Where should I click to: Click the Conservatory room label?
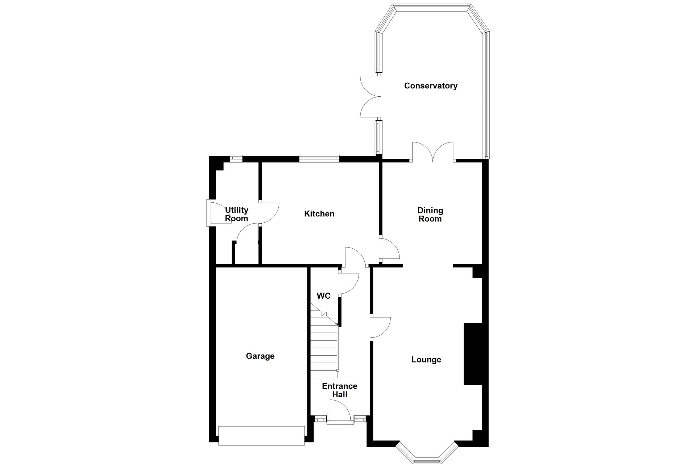[431, 86]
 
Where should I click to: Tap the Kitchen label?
[319, 214]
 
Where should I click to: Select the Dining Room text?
[430, 215]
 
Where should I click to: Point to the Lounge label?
[426, 360]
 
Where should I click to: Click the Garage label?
[260, 356]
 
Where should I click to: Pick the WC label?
[324, 296]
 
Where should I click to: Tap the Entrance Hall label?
[340, 390]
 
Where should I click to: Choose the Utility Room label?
[236, 214]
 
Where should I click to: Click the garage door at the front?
[261, 435]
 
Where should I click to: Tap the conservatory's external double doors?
[370, 97]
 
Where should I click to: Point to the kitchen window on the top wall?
[319, 158]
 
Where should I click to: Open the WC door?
[349, 283]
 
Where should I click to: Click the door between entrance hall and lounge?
[380, 328]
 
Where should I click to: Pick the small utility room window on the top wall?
[236, 158]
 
